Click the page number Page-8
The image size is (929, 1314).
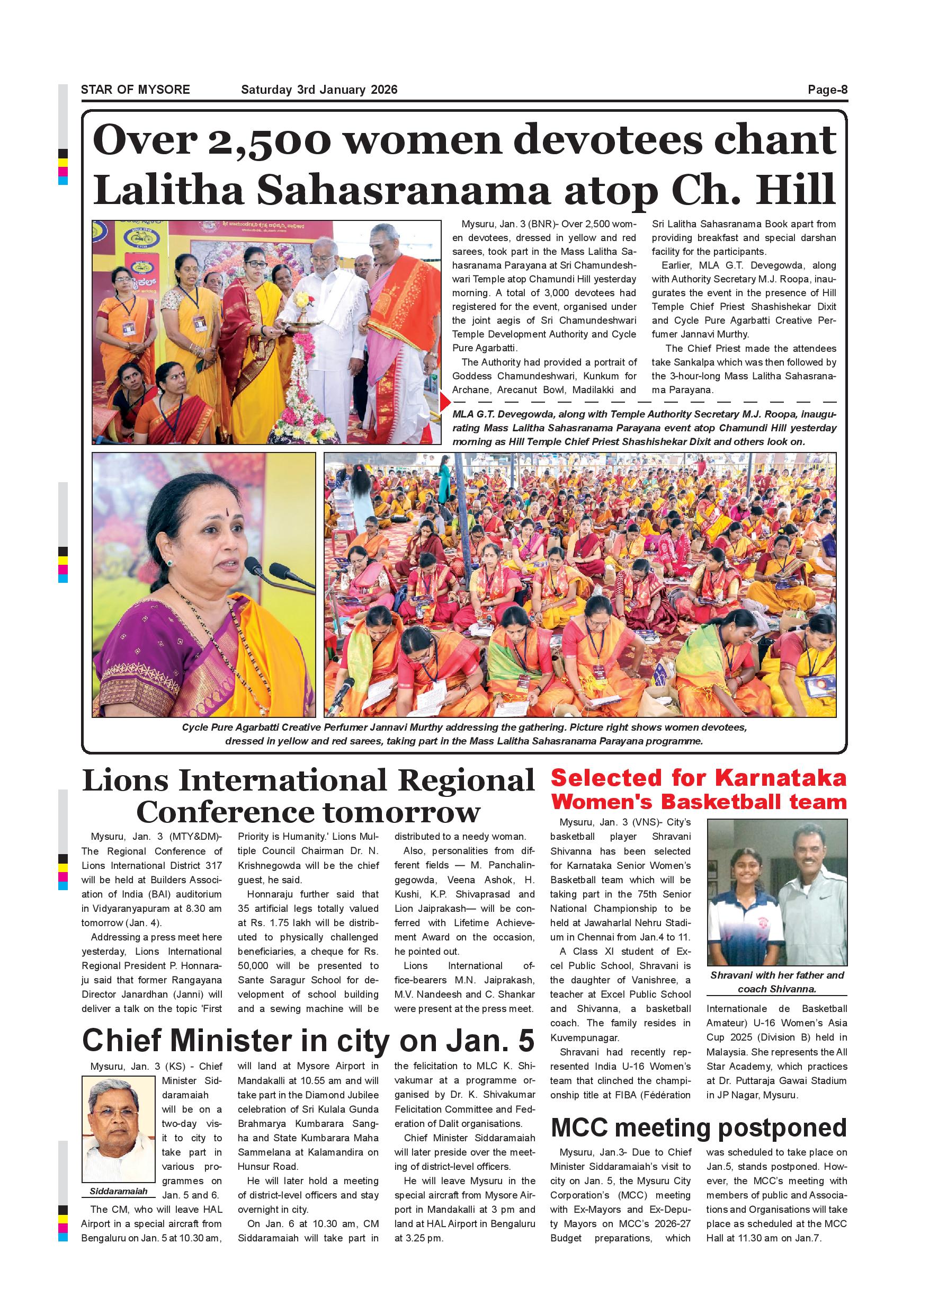click(x=827, y=90)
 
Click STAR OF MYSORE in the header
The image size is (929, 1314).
click(x=135, y=90)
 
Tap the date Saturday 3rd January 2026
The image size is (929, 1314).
click(x=319, y=90)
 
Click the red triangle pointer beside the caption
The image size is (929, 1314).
click(x=445, y=402)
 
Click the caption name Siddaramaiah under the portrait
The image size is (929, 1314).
click(x=119, y=1191)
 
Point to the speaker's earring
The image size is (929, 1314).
click(x=170, y=563)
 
